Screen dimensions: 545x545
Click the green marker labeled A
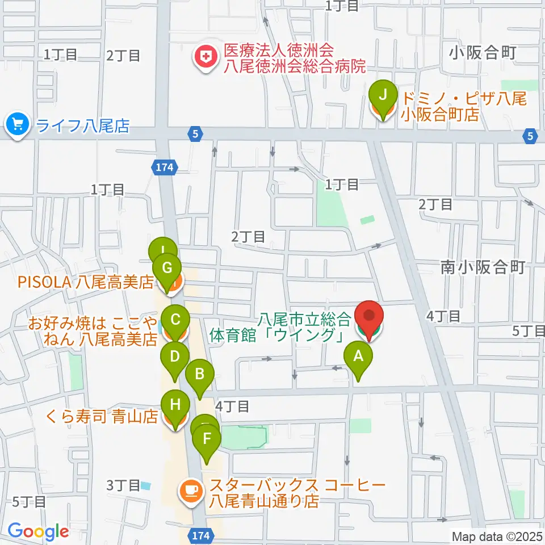coord(358,358)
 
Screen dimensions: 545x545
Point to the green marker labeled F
coord(207,439)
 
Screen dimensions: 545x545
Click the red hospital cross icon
coord(202,57)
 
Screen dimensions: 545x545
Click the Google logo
coord(39,532)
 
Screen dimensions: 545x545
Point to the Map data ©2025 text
coord(497,536)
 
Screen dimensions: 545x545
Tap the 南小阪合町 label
coord(483,267)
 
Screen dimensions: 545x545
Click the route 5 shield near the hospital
coord(195,135)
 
